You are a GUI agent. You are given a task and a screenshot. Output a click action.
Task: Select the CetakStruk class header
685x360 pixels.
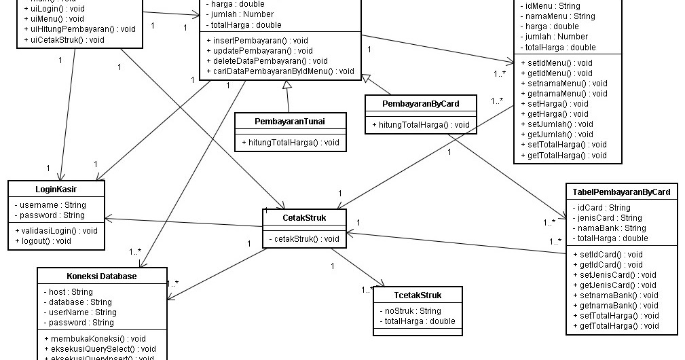point(304,217)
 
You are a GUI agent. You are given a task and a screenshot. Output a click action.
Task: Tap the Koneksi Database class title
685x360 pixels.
point(101,276)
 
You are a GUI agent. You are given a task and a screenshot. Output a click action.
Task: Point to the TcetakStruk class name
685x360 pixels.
point(418,295)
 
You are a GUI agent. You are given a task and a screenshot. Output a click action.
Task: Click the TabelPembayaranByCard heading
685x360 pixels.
point(621,192)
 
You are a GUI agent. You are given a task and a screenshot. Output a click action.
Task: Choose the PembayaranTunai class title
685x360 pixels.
point(290,121)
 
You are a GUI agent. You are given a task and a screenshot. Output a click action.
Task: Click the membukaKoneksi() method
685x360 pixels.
point(94,338)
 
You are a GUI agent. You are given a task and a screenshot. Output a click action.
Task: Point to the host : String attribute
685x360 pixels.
point(68,292)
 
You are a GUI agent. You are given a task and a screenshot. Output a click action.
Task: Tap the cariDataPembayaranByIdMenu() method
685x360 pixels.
point(280,71)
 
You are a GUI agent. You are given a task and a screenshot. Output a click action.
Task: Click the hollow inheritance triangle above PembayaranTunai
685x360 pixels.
point(288,84)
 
